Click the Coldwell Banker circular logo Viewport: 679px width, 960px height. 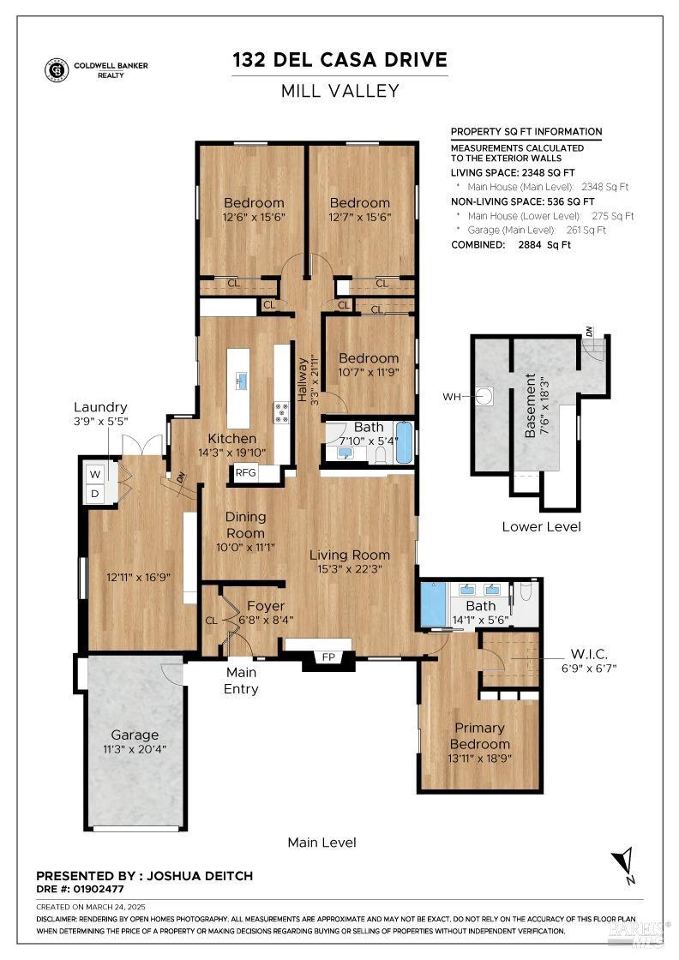coord(57,70)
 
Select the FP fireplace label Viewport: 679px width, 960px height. coord(327,657)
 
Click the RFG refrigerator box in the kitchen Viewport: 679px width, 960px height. coord(246,471)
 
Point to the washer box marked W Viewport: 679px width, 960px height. coord(95,473)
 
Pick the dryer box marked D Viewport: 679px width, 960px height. coord(95,494)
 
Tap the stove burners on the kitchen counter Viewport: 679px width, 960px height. coord(281,412)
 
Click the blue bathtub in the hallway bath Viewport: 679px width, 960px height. coord(404,441)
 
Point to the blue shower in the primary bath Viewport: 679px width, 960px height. coord(433,605)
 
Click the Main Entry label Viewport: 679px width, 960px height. coord(241,681)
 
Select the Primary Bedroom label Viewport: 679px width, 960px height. coord(480,736)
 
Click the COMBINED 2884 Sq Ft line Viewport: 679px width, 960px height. coord(511,245)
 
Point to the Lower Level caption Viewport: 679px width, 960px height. coord(541,526)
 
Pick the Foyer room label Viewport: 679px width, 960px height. coord(266,605)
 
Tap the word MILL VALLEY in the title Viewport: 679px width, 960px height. coord(339,91)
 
